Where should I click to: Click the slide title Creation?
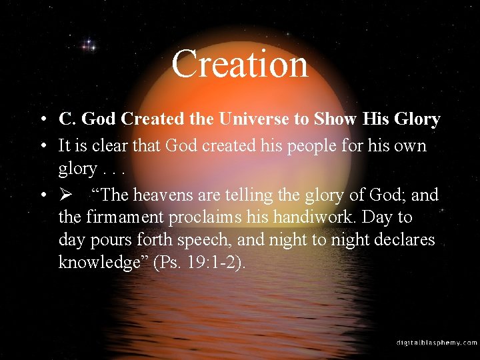click(240, 64)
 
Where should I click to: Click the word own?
click(412, 145)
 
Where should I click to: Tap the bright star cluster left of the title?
click(89, 46)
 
